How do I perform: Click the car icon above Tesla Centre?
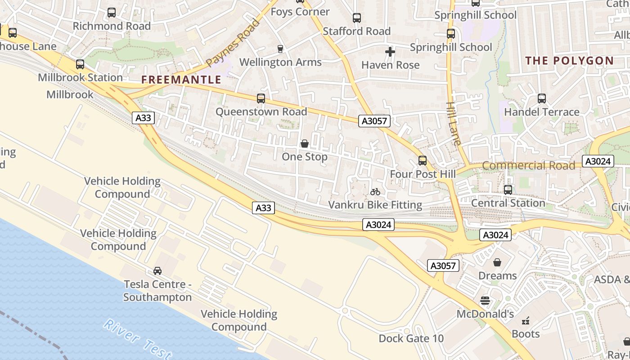click(x=157, y=270)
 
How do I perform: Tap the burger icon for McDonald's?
click(x=485, y=300)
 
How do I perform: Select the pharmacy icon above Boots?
click(x=525, y=321)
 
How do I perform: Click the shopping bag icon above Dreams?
click(x=497, y=262)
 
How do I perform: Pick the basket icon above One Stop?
click(x=305, y=144)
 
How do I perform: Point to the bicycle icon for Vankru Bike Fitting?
click(x=375, y=192)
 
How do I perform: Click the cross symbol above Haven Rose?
click(x=390, y=52)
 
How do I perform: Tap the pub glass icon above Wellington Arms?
click(x=280, y=49)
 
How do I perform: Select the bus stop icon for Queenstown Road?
click(x=261, y=98)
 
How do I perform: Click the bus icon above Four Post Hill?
click(x=423, y=160)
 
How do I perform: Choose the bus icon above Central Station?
click(x=508, y=189)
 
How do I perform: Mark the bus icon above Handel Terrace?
click(x=542, y=98)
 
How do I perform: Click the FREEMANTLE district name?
click(x=181, y=80)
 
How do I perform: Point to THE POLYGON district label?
click(x=569, y=61)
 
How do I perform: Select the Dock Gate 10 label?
click(x=411, y=338)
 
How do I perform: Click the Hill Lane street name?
click(x=453, y=123)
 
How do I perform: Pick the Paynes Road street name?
click(x=234, y=42)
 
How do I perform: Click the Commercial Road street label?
click(x=529, y=166)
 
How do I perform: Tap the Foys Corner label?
click(x=300, y=12)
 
